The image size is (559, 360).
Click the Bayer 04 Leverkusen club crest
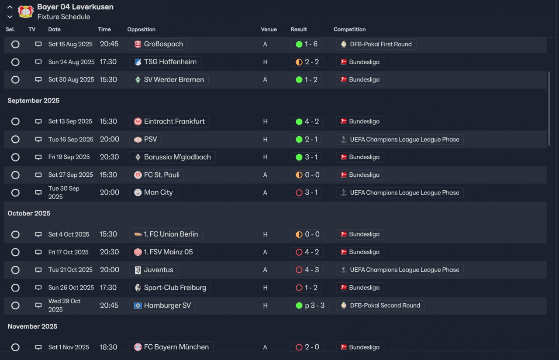point(26,11)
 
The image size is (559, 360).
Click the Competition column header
point(349,29)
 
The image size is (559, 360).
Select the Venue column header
point(269,29)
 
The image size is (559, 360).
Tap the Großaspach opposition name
point(163,44)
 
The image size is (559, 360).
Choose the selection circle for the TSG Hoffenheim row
point(15,62)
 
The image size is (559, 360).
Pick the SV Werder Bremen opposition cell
point(169,80)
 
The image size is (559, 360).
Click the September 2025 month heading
point(34,100)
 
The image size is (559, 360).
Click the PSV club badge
point(138,139)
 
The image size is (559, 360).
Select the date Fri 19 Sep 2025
point(69,157)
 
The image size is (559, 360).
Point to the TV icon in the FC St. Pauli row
point(38,175)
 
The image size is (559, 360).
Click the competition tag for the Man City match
point(400,193)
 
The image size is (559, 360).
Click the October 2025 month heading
point(29,213)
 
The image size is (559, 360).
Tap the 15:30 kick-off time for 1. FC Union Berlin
point(108,234)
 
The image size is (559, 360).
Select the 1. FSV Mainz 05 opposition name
point(168,252)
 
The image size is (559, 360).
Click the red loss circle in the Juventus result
point(299,270)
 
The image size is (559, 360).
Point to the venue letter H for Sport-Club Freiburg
point(265,288)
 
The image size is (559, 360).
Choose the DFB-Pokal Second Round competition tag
point(380,305)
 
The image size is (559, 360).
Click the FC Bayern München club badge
point(138,347)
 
